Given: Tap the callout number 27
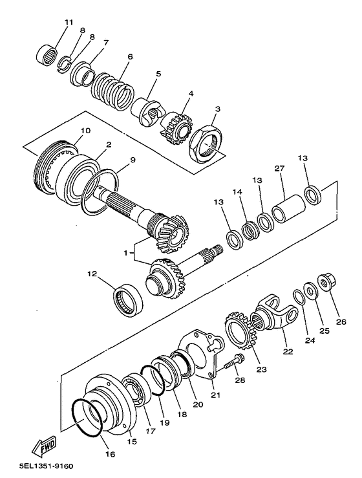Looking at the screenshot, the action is click(279, 168).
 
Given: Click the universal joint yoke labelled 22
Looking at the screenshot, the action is click(274, 314).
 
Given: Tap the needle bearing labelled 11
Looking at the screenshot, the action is click(47, 54).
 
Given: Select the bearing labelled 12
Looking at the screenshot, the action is click(128, 300).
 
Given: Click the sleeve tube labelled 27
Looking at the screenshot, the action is click(288, 209).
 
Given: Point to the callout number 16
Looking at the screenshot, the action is click(111, 454).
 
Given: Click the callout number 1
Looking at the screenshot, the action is click(125, 253).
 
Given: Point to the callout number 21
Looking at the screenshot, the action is click(216, 395).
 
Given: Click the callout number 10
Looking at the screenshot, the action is click(85, 131).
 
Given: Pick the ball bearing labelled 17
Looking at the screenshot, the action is click(136, 390).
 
